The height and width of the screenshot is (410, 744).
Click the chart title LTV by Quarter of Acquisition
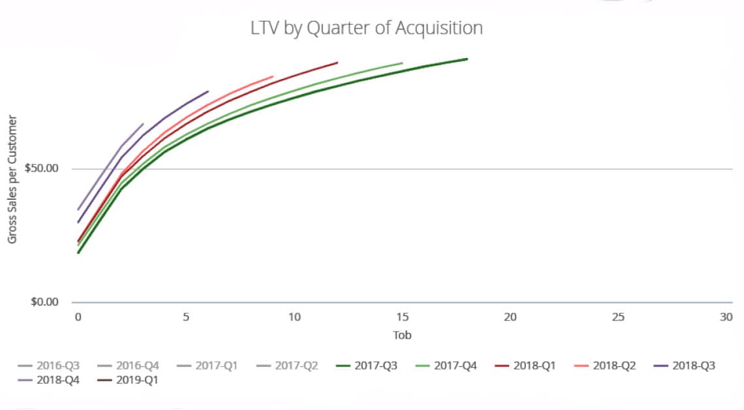367,28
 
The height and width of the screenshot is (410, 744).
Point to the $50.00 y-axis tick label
41,168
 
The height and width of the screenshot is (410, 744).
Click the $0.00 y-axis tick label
44,302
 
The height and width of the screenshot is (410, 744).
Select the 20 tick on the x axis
510,317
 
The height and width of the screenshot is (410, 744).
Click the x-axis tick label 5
186,317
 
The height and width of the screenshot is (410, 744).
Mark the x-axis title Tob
402,335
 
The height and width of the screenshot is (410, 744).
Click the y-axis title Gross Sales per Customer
12,180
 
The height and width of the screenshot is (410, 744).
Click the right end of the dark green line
467,59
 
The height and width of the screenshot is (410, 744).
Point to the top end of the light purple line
143,123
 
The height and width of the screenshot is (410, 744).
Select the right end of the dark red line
337,63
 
